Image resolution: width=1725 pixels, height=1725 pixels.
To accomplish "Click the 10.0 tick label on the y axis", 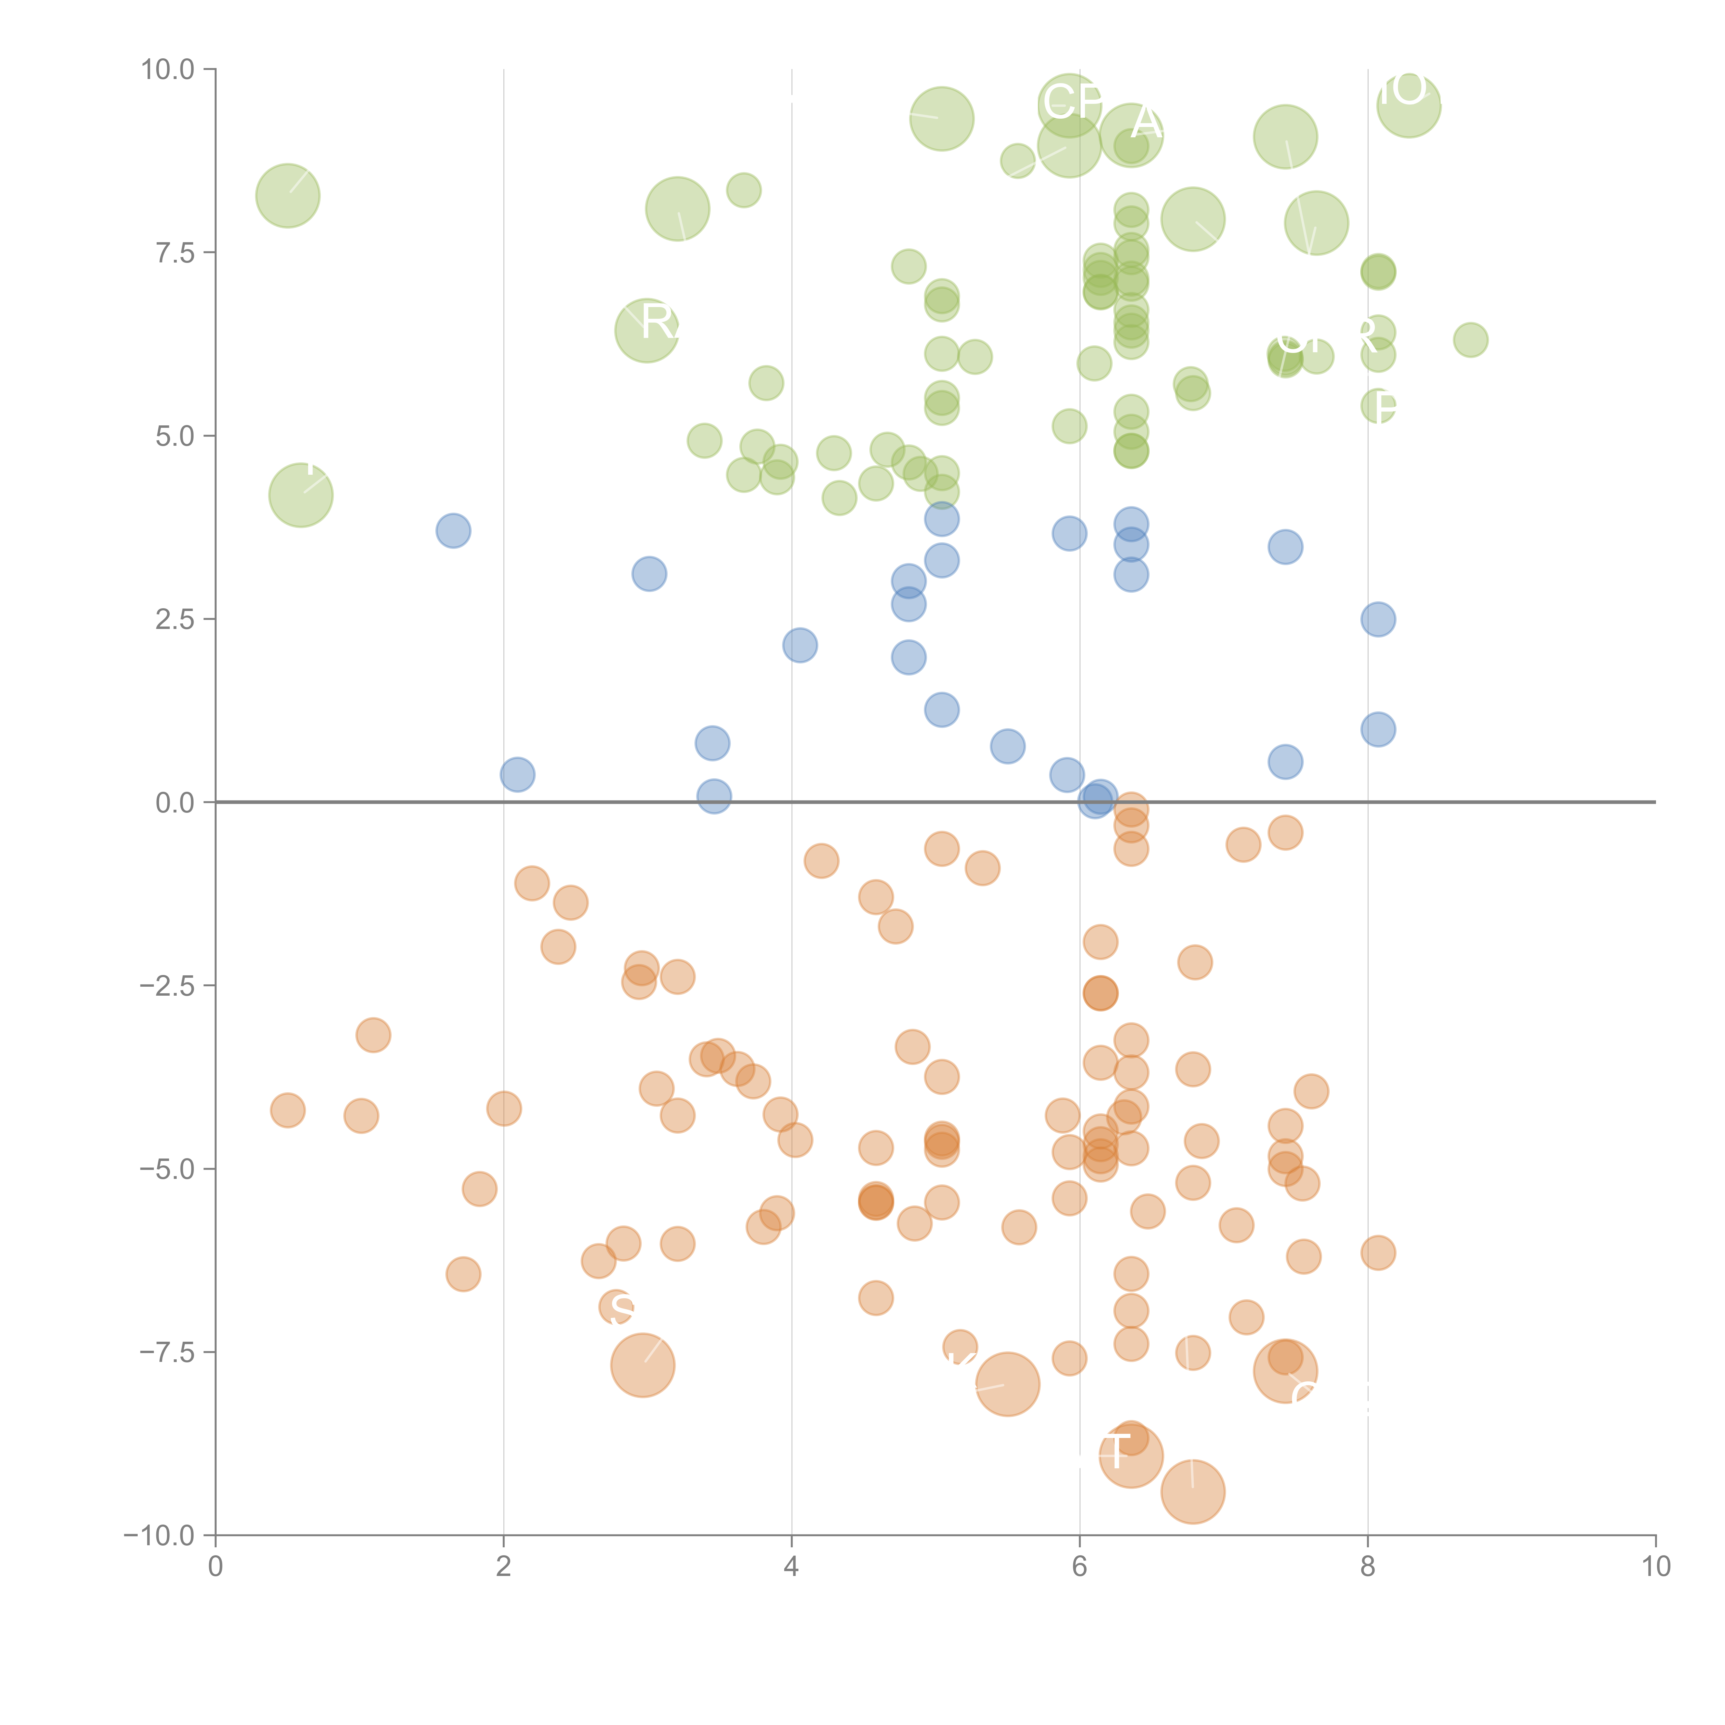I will [168, 70].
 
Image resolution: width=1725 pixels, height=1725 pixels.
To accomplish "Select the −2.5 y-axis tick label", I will [168, 986].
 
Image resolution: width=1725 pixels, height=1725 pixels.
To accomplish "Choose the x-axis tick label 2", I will [504, 1567].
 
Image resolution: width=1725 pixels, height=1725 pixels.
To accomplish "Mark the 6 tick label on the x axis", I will [1080, 1567].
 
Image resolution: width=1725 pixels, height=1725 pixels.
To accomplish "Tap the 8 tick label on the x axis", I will [1367, 1567].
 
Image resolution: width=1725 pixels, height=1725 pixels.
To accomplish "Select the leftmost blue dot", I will [454, 531].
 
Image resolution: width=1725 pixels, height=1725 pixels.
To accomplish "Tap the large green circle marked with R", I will [647, 331].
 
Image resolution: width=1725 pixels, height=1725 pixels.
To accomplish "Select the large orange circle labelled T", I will [1130, 1456].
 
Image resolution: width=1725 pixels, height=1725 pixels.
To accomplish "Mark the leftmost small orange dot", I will [287, 1111].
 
